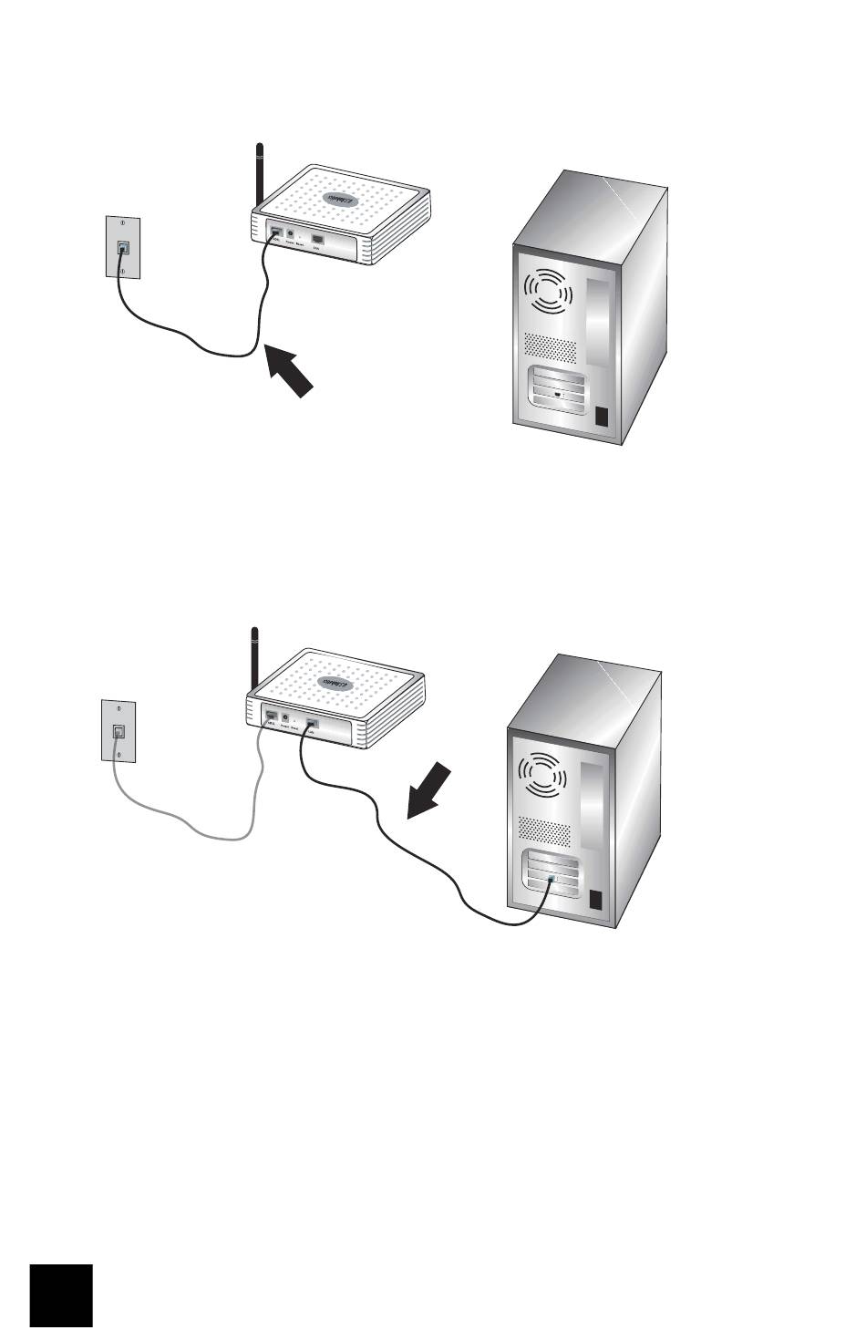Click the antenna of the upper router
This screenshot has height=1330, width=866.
pyautogui.click(x=260, y=173)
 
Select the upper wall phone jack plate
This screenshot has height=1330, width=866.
pyautogui.click(x=121, y=246)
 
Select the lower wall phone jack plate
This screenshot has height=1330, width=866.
pyautogui.click(x=118, y=729)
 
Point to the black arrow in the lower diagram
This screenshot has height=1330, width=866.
pyautogui.click(x=428, y=791)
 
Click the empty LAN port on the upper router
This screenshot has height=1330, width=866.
pyautogui.click(x=318, y=240)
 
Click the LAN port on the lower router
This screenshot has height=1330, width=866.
pyautogui.click(x=312, y=724)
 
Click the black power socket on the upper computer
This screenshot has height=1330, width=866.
pyautogui.click(x=601, y=418)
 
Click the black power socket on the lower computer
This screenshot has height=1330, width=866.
pyautogui.click(x=597, y=899)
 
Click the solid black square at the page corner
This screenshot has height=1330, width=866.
pyautogui.click(x=61, y=1295)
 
